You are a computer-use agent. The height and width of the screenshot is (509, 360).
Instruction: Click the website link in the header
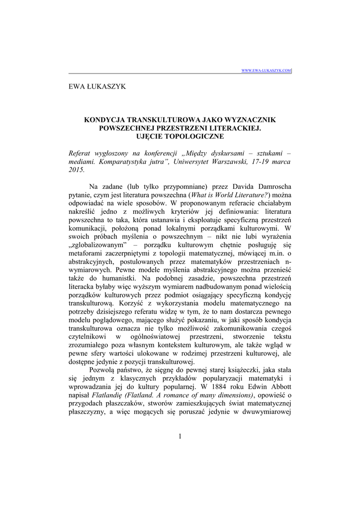click(x=266, y=71)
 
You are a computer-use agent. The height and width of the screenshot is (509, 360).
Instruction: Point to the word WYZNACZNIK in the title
click(x=246, y=120)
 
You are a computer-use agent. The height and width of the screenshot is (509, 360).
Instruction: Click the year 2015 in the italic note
click(x=77, y=170)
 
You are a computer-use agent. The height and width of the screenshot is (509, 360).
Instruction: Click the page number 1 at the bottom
click(x=180, y=437)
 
